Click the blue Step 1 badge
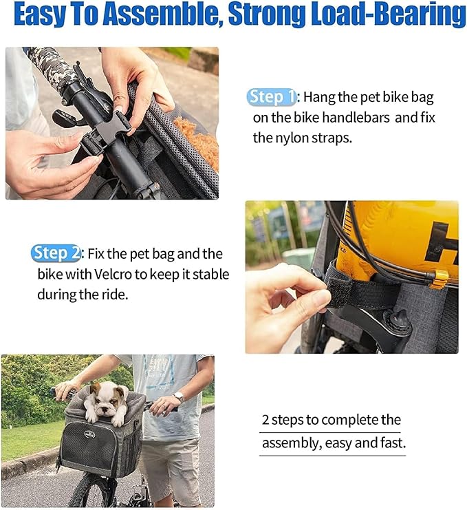(271, 97)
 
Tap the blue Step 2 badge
(56, 253)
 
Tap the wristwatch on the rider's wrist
(178, 397)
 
